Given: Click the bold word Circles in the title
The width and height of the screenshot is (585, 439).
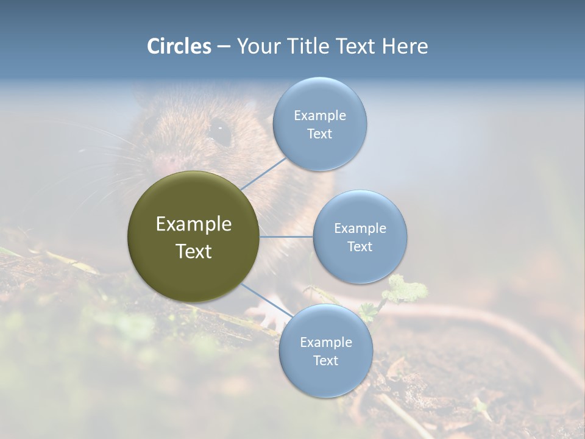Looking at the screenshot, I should tap(179, 46).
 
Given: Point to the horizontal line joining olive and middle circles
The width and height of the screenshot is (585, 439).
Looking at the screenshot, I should tap(286, 237).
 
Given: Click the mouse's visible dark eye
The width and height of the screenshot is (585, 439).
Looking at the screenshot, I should tap(219, 130).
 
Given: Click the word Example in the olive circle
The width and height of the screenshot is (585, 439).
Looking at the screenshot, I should tap(194, 224).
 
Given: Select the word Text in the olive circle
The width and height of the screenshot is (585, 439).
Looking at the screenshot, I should tap(194, 251).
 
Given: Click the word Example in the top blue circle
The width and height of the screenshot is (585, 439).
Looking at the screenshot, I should tap(319, 115).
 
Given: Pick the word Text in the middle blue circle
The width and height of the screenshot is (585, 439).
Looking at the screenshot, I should tap(360, 246).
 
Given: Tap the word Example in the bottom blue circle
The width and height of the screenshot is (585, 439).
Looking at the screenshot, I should tap(325, 342).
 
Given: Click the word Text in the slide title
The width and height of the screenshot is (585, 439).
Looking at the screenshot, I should tap(353, 46).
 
